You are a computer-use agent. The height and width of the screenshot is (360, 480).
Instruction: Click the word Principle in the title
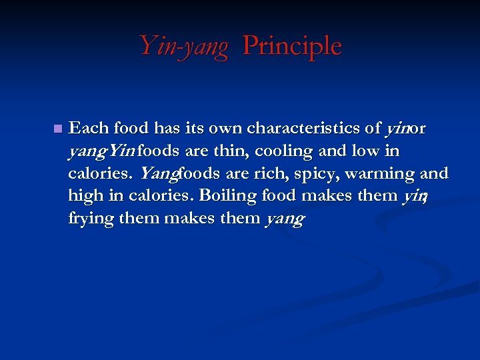tap(292, 45)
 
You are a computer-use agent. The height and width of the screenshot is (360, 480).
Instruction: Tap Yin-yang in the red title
tap(183, 47)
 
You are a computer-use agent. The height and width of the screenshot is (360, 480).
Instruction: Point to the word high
tap(85, 197)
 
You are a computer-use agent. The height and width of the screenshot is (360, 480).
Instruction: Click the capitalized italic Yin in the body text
tap(121, 151)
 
